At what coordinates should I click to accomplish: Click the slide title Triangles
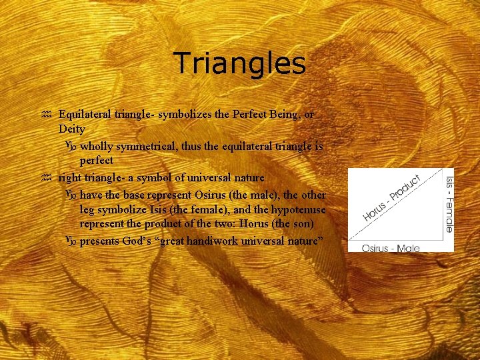point(239,64)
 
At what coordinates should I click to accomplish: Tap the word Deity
point(71,129)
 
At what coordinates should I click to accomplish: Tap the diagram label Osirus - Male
point(391,248)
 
